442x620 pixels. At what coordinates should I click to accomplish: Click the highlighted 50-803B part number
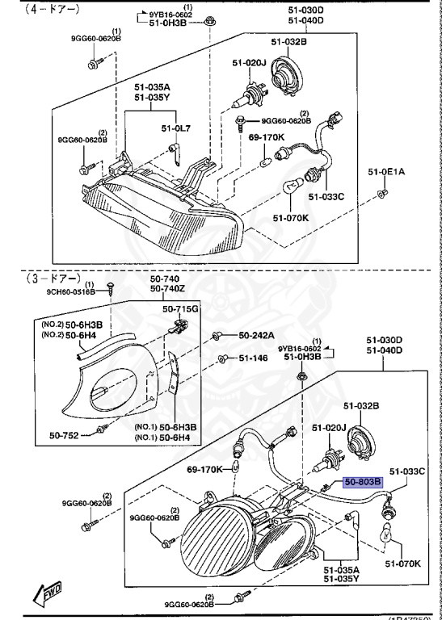(364, 482)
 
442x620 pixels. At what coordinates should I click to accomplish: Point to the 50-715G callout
(180, 309)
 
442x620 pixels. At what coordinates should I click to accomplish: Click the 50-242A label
(257, 335)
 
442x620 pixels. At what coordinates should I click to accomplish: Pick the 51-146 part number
(253, 358)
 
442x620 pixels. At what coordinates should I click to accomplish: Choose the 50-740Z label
(167, 288)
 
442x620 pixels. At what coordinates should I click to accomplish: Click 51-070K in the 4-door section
(288, 217)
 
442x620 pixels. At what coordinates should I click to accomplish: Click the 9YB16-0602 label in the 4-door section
(173, 15)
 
